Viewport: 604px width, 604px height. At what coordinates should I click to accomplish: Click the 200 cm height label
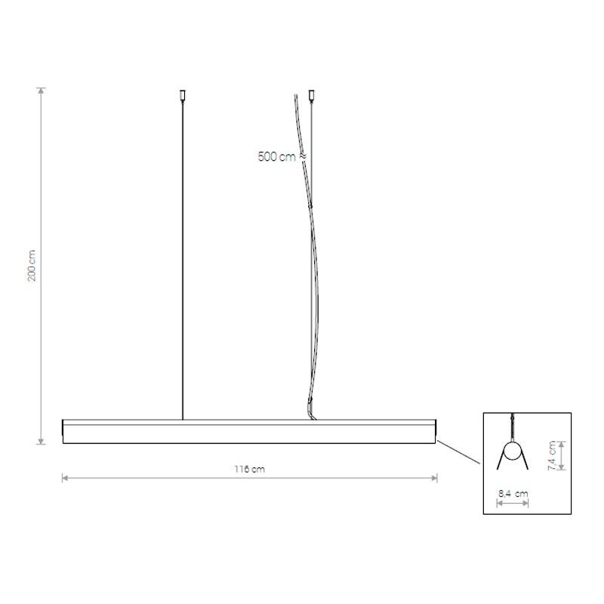[x=32, y=266]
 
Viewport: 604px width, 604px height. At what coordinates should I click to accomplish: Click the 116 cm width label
[x=250, y=469]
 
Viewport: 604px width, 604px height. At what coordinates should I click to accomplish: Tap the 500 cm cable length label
[x=277, y=157]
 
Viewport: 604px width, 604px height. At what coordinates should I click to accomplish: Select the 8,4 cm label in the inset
[x=513, y=494]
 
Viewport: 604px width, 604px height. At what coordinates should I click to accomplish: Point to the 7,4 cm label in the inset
[x=553, y=456]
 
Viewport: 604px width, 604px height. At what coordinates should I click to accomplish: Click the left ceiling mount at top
[x=183, y=95]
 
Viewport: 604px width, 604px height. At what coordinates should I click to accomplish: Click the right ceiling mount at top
[x=312, y=95]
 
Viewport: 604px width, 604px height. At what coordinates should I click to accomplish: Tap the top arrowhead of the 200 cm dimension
[x=42, y=91]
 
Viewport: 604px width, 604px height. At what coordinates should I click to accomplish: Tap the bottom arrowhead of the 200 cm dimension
[x=42, y=441]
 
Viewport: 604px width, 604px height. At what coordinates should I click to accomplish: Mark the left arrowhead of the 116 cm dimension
[x=66, y=479]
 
